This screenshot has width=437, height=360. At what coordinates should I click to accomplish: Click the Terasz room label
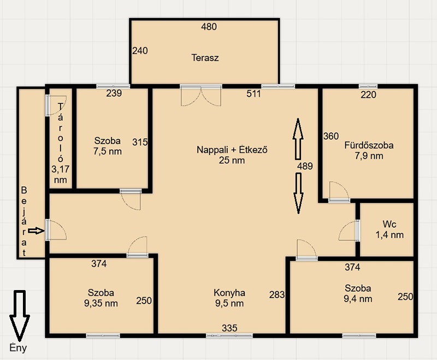click(x=205, y=58)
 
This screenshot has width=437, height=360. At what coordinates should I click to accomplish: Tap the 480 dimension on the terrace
click(x=209, y=27)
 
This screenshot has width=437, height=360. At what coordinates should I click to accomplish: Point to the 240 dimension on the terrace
click(x=140, y=51)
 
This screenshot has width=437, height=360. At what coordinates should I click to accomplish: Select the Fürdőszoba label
click(x=369, y=145)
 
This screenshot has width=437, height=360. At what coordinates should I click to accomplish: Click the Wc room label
click(x=389, y=224)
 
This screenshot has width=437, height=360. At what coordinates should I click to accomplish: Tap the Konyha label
click(x=229, y=293)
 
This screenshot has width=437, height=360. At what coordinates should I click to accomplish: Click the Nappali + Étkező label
click(x=232, y=150)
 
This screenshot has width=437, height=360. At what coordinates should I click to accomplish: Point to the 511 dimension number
click(x=253, y=93)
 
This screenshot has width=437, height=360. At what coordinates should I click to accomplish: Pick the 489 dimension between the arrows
click(x=305, y=166)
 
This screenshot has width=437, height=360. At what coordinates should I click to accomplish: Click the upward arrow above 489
click(x=298, y=139)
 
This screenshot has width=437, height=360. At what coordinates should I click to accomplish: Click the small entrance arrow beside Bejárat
click(x=36, y=231)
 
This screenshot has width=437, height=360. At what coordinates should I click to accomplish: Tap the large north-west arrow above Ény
click(x=20, y=316)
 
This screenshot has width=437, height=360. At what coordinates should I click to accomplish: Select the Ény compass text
click(x=18, y=348)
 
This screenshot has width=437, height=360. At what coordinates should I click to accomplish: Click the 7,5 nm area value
click(x=107, y=151)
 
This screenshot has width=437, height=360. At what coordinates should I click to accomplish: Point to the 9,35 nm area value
click(x=101, y=303)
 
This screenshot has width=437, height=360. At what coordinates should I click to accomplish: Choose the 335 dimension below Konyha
click(x=229, y=328)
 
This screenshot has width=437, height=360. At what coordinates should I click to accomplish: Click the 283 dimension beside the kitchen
click(x=277, y=295)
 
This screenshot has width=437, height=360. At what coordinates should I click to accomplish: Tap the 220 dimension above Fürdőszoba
click(x=368, y=95)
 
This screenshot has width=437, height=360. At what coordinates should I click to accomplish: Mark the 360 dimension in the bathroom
click(x=331, y=136)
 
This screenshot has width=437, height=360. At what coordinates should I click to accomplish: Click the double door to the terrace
click(x=201, y=96)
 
